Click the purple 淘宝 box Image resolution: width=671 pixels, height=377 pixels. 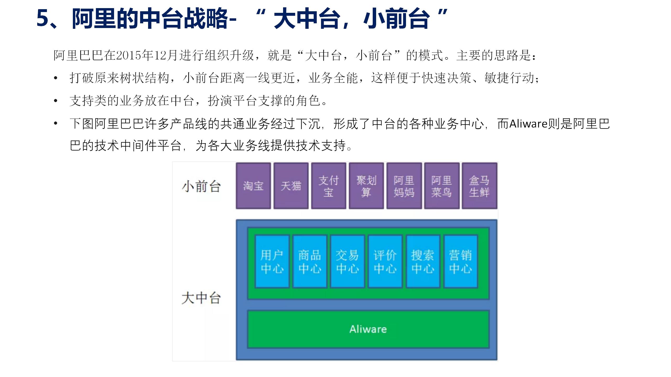coord(253,186)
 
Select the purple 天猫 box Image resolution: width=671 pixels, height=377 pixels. coord(291,186)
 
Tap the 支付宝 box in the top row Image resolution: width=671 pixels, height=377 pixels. coord(329,186)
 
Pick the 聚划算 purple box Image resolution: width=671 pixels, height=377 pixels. coord(366,186)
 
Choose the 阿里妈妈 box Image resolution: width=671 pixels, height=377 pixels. coord(404,186)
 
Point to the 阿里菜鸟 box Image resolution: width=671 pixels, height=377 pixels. coord(442,186)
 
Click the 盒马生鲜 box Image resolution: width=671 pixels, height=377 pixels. coord(479,186)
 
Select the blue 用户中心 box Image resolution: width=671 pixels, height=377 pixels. coord(272,262)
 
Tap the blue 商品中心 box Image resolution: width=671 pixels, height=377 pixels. coord(310,262)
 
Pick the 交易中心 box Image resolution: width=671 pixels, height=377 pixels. coord(347,262)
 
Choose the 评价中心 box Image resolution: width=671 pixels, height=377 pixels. coord(385,262)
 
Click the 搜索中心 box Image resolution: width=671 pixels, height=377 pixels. coord(423,262)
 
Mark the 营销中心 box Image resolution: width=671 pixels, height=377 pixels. coord(461,262)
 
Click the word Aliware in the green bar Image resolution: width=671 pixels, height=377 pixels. coord(368,329)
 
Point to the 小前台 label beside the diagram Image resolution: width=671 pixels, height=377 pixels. coord(201,186)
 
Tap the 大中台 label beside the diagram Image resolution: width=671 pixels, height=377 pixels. coord(201,298)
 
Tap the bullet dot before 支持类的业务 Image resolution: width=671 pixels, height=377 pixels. coord(56,101)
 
